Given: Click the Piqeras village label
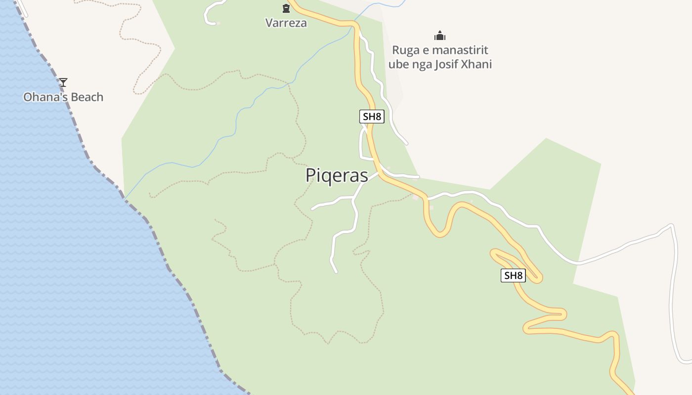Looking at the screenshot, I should tap(337, 175).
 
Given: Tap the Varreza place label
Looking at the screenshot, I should tap(286, 23).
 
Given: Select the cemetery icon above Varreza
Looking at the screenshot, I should tap(286, 8).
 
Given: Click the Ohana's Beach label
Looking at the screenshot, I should tap(63, 97).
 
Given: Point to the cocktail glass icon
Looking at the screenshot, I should tap(63, 82).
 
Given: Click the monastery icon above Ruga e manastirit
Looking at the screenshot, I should tap(440, 36).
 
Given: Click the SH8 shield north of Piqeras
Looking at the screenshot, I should tap(372, 117).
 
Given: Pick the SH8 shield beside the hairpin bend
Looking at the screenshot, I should tap(513, 276).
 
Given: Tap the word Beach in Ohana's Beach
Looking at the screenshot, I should tap(86, 97).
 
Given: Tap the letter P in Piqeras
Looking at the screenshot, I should tap(310, 175).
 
